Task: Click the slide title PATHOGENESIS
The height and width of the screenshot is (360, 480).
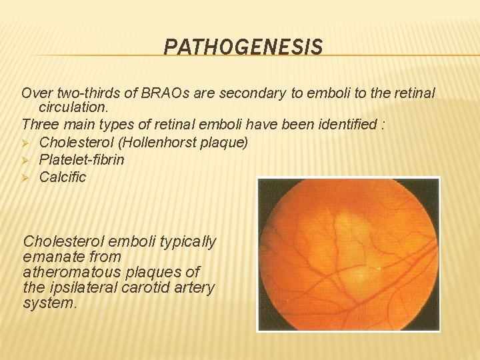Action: pyautogui.click(x=243, y=47)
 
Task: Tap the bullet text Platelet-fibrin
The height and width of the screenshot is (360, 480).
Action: pyautogui.click(x=81, y=159)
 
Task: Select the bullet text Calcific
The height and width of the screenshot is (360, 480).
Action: pyautogui.click(x=63, y=177)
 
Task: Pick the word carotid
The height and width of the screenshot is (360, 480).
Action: pyautogui.click(x=151, y=287)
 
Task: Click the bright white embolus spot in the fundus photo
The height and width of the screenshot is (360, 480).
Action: pyautogui.click(x=379, y=268)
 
